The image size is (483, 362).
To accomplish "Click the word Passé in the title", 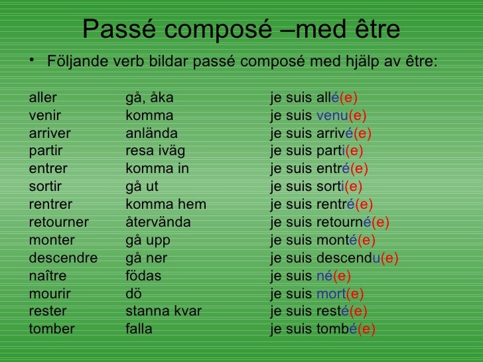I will (122, 29).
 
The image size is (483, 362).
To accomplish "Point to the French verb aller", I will (43, 99).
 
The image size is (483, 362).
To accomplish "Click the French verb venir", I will (44, 113).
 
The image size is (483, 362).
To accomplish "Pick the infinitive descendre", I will (63, 258).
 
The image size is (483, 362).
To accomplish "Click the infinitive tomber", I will (52, 329).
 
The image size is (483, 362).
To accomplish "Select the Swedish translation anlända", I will (151, 131).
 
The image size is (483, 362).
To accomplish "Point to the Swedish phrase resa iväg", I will (155, 149).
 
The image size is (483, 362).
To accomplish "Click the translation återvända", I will (158, 221).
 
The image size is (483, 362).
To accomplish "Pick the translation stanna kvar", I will (163, 311).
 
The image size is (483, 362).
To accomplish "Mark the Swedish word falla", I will (139, 329).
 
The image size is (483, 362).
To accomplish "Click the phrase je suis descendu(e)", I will (334, 258).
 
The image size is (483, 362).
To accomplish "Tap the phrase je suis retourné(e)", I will (330, 221).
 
